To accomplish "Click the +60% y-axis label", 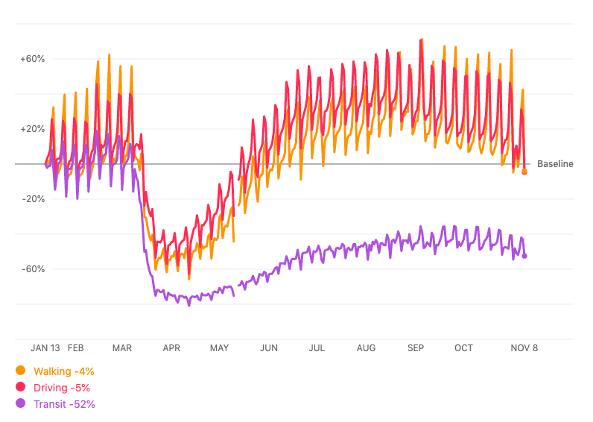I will (x=34, y=58).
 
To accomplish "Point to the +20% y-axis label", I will (x=34, y=129).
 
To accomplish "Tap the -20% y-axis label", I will (x=34, y=199).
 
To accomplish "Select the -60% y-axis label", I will (x=34, y=269).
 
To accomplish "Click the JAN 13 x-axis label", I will (x=45, y=348).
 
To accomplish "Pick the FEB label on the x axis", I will (x=76, y=348).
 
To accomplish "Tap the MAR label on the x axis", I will (x=122, y=348).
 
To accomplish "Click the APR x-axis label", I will (x=171, y=348).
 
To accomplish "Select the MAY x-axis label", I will (x=220, y=348).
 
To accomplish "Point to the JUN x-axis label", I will (x=269, y=348).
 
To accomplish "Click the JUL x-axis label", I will (x=317, y=348).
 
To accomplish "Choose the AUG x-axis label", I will (x=366, y=348).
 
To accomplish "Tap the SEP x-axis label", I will (x=416, y=348).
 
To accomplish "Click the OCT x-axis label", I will (x=463, y=348).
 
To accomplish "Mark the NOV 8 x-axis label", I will (x=524, y=348).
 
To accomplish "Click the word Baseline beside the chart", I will (x=555, y=164).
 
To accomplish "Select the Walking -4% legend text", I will (x=64, y=371).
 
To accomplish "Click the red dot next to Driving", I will (x=20, y=387).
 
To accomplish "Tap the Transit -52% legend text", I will (x=65, y=404).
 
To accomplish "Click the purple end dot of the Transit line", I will (x=524, y=256).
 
